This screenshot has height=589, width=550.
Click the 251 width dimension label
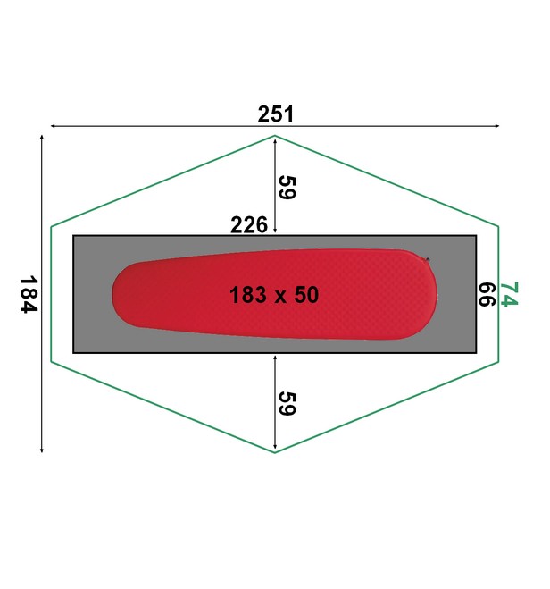click(276, 114)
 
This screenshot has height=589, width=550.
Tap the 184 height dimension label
click(29, 295)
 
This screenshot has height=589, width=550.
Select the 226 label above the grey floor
click(249, 224)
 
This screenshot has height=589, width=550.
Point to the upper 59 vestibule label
click(287, 188)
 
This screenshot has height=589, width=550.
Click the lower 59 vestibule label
click(287, 403)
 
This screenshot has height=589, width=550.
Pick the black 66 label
click(487, 295)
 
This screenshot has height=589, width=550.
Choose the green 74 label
click(509, 294)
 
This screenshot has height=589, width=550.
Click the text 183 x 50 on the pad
click(274, 295)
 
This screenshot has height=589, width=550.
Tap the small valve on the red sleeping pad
click(427, 259)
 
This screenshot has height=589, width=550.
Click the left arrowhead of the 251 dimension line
click(52, 126)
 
